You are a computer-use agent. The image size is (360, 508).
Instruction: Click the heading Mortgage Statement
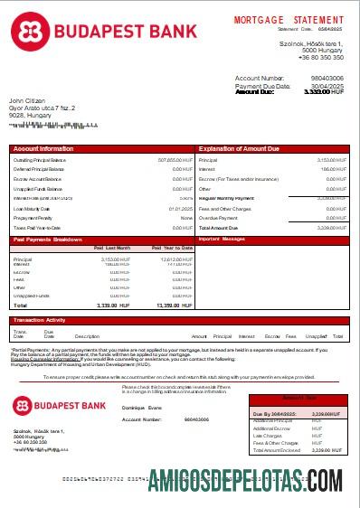[288, 19]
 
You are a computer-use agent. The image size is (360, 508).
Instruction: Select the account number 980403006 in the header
[326, 79]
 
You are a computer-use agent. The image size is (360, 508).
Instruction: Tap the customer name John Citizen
[28, 100]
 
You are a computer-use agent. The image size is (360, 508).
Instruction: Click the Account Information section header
[44, 147]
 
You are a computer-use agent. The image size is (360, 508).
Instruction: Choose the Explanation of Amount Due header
[242, 147]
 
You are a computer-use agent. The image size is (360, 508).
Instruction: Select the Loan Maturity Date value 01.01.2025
[182, 209]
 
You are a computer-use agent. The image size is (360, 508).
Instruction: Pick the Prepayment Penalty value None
[186, 218]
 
